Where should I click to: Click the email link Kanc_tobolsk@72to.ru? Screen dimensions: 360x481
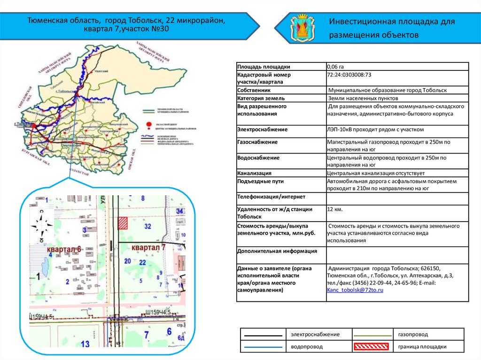pos(355,291)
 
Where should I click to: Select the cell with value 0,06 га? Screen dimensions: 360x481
pos(335,67)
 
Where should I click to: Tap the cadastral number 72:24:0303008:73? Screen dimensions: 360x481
pos(349,75)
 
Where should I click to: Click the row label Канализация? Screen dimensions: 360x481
pos(255,173)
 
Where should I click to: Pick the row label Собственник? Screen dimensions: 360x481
pos(254,90)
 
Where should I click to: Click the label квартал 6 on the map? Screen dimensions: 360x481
pos(64,249)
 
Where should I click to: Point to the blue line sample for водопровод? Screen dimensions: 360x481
pos(264,347)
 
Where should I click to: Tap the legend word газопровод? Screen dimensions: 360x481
pos(413,334)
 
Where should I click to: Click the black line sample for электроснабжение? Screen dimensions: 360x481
pos(264,334)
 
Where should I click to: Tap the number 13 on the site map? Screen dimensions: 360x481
pos(85,344)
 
